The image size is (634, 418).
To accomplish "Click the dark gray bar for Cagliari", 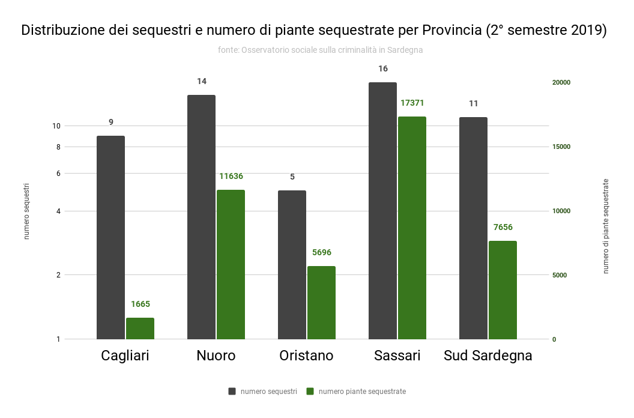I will pos(110,237).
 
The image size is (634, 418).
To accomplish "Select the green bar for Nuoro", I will pos(231,264).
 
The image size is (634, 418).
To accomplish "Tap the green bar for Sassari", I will pos(412,228).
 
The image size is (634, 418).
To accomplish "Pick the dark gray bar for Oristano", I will pos(292,264).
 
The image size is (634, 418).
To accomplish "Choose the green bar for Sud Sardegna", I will pos(503,289).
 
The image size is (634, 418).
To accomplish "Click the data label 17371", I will pos(412,103).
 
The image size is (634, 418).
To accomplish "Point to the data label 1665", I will pos(140,304).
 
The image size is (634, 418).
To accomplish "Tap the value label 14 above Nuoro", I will pos(202,81).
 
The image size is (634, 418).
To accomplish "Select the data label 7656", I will pos(503,227).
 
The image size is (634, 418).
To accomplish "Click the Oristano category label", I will pos(306,356).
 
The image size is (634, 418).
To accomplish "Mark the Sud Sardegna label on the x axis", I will pos(488,356).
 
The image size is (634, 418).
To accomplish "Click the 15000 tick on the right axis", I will pos(561,147).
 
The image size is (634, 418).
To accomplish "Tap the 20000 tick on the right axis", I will pos(561,83).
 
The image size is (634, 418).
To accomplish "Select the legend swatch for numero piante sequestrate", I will pos(310,392).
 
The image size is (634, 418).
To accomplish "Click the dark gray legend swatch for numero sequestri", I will pos(232,392).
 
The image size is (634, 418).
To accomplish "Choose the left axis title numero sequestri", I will pos(26,211).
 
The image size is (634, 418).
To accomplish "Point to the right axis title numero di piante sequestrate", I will pos(606,226).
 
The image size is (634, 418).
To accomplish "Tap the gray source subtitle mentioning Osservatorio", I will pos(320,50).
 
